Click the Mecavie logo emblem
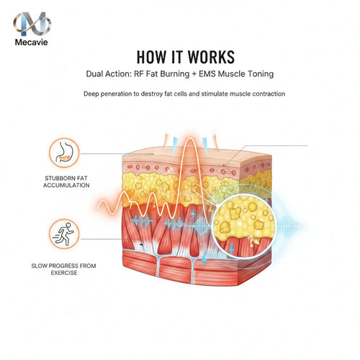pyautogui.click(x=32, y=24)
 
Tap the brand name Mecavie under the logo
pyautogui.click(x=31, y=42)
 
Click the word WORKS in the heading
pyautogui.click(x=211, y=57)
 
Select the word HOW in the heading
pyautogui.click(x=151, y=57)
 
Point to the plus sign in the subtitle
pyautogui.click(x=194, y=74)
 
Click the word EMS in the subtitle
pyautogui.click(x=207, y=73)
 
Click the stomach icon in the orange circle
pyautogui.click(x=64, y=153)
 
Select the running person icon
pyautogui.click(x=64, y=234)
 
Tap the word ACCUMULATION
pyautogui.click(x=66, y=185)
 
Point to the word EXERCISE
pyautogui.click(x=64, y=273)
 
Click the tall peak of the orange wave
pyautogui.click(x=189, y=139)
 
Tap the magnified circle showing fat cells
pyautogui.click(x=244, y=226)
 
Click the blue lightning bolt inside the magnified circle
pyautogui.click(x=231, y=248)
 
